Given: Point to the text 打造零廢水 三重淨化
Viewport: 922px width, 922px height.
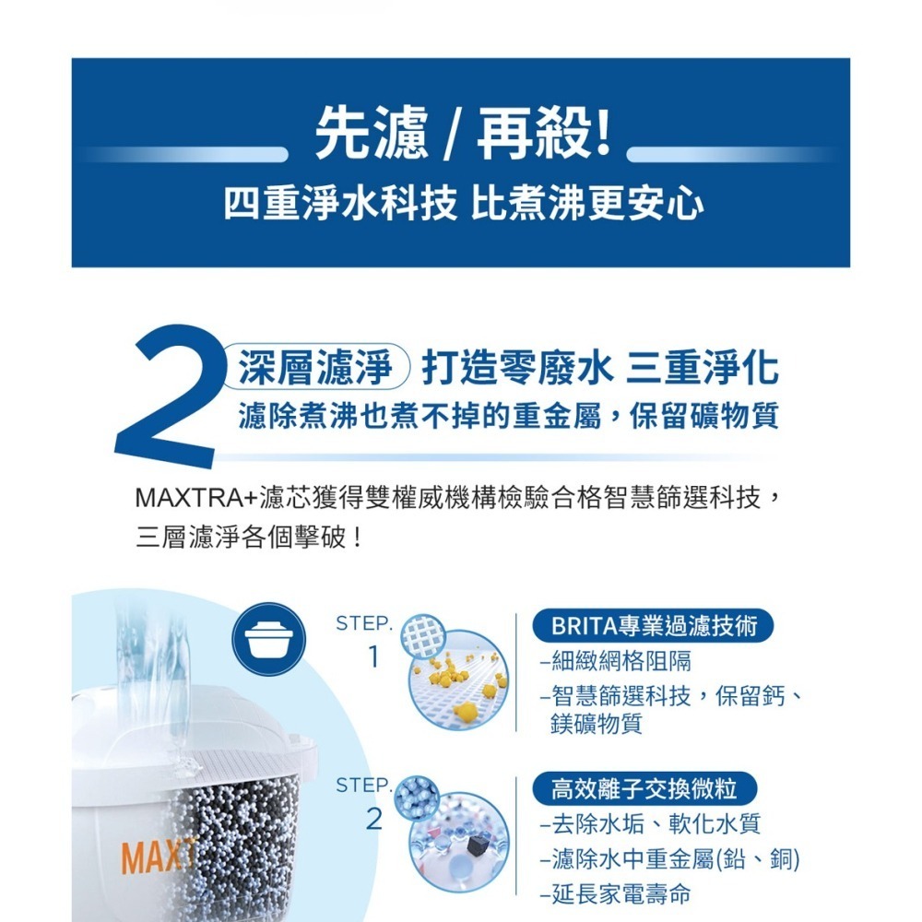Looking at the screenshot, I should coord(599,369).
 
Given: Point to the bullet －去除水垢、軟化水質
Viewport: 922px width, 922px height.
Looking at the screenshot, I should coord(650,824).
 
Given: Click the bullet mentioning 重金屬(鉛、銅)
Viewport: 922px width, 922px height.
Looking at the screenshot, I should coord(669,859).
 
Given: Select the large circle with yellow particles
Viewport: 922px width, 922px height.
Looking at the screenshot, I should coord(458,680).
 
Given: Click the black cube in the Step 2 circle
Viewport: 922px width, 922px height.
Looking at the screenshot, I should coord(477,845).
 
